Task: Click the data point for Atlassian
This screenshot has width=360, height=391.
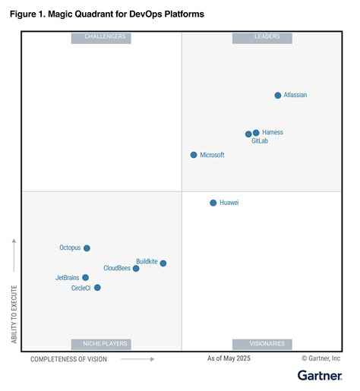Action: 278,95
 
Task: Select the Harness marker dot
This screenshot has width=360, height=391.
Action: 256,133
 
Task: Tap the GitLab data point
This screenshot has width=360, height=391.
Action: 248,134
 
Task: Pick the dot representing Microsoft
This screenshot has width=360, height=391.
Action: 194,155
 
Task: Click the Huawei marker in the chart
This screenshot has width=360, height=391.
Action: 213,203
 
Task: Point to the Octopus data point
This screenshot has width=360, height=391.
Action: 87,248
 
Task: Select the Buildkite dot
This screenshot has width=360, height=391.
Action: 163,263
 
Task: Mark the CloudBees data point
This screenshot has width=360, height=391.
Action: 136,269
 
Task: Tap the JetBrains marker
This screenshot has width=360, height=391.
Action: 85,278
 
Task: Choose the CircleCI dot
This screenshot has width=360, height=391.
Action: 97,288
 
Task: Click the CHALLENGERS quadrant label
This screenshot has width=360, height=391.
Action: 101,37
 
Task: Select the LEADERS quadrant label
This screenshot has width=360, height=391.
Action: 262,37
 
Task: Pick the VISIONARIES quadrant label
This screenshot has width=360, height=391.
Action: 262,344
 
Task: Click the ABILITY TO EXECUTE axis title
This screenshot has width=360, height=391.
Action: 14,314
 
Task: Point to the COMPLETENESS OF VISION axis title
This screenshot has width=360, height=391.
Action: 69,359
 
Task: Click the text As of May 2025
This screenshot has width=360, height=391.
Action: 229,358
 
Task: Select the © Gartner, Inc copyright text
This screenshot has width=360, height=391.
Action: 321,358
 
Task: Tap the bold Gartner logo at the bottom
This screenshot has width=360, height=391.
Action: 319,376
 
